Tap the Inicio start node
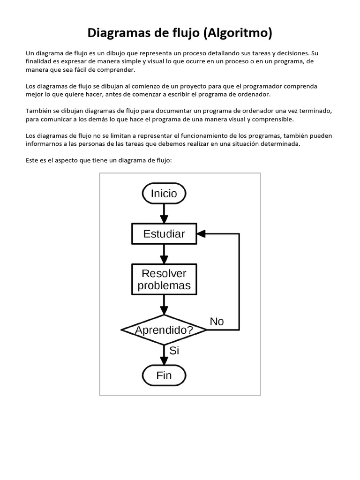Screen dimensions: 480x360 [164, 193]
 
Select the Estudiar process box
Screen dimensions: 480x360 [164, 233]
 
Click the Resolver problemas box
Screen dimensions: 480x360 [164, 279]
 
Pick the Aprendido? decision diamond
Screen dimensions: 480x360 [164, 330]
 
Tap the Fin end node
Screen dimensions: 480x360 [164, 375]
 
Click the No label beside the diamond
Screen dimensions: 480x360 [217, 322]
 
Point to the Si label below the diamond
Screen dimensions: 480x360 [174, 351]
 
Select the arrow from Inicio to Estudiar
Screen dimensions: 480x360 [164, 214]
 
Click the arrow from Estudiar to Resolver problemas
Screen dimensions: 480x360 [164, 255]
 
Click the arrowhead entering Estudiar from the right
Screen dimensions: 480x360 [201, 233]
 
